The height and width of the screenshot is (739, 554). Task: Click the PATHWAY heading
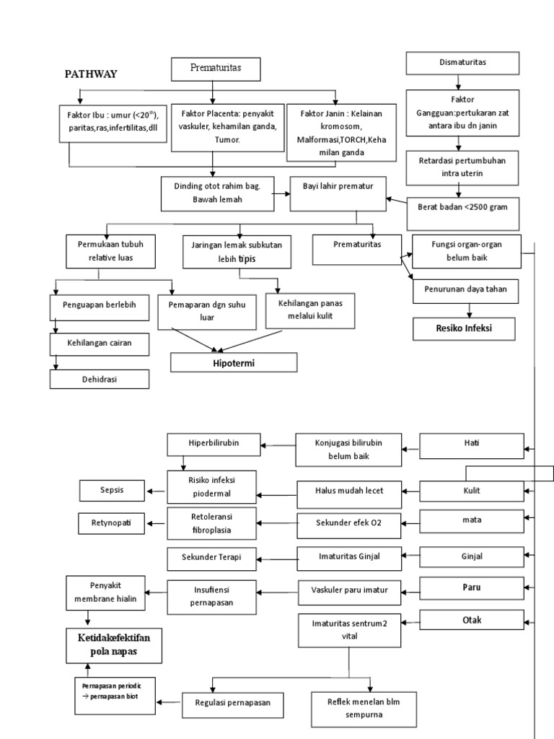pyautogui.click(x=92, y=74)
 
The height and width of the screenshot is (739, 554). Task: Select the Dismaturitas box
pyautogui.click(x=462, y=63)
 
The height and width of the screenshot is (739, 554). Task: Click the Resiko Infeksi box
pyautogui.click(x=465, y=329)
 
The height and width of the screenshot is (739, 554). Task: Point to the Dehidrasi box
pyautogui.click(x=100, y=379)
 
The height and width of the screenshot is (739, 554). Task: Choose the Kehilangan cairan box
pyautogui.click(x=100, y=345)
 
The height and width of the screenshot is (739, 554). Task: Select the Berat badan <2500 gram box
pyautogui.click(x=463, y=206)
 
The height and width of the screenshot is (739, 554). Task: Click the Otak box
pyautogui.click(x=472, y=620)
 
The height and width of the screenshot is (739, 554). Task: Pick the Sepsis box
pyautogui.click(x=113, y=490)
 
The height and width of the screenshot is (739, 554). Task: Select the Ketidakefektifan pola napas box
pyautogui.click(x=114, y=645)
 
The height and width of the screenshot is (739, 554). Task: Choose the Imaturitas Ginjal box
pyautogui.click(x=339, y=556)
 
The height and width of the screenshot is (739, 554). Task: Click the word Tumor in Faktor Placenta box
pyautogui.click(x=227, y=140)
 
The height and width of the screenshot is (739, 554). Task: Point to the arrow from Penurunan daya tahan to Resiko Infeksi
pyautogui.click(x=470, y=309)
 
